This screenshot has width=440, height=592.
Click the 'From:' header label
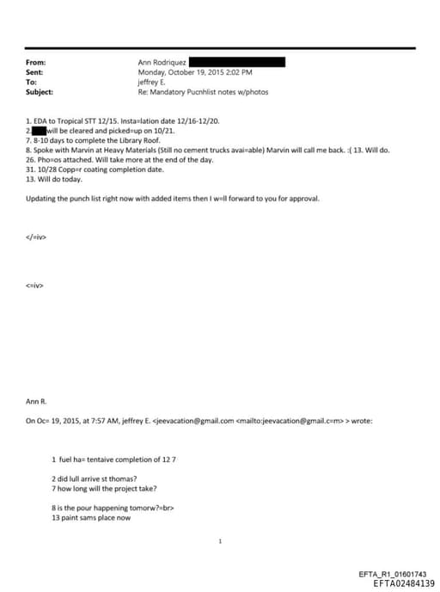(35, 63)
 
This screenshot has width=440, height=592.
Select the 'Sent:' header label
(35, 72)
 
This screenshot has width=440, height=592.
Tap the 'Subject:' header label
(40, 91)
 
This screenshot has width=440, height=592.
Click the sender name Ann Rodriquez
(161, 63)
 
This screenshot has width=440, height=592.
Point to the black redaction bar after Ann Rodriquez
(236, 63)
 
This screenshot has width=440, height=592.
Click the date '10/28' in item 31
(49, 169)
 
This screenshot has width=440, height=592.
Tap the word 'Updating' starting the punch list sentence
(42, 199)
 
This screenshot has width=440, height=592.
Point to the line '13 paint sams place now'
(90, 518)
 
